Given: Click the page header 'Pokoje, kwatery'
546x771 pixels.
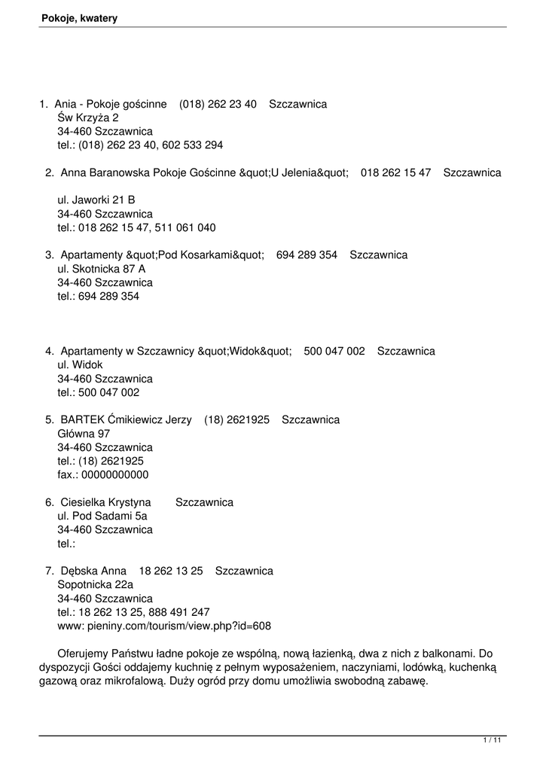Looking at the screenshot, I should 79,18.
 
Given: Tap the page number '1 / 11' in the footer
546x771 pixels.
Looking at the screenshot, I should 492,742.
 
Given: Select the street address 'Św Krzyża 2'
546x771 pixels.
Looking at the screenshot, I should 88,117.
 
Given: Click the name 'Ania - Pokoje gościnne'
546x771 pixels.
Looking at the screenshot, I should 111,104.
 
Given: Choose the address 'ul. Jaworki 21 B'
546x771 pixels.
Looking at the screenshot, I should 96,200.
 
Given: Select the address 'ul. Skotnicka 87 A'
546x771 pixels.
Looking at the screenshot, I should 102,269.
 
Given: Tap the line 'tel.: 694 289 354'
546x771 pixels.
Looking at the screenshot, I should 98,297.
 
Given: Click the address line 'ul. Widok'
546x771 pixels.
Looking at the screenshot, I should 80,365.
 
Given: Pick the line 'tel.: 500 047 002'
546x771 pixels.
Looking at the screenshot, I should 98,392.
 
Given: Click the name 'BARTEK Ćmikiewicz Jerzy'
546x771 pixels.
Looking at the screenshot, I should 126,419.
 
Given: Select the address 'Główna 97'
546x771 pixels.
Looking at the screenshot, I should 84,434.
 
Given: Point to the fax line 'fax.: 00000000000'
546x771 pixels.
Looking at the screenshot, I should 103,475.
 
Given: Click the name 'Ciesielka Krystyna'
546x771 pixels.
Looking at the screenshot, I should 105,502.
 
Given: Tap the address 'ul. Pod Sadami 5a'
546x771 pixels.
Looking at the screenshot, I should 102,516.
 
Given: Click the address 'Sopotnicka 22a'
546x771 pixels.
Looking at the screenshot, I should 95,585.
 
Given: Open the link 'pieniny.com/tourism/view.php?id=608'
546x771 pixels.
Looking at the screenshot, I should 180,626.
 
